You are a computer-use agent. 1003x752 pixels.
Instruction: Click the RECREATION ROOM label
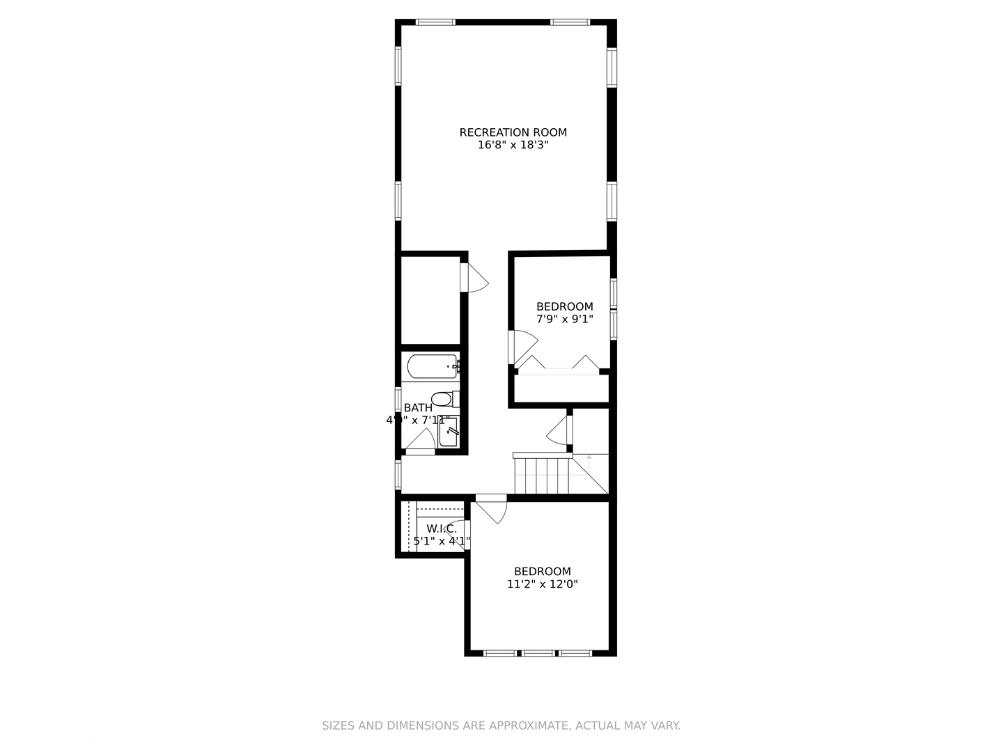[513, 132]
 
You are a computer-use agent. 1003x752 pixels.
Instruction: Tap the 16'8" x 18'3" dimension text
[513, 146]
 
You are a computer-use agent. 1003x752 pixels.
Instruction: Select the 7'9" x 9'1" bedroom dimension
[564, 319]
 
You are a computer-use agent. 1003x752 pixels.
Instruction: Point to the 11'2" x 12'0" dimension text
[542, 584]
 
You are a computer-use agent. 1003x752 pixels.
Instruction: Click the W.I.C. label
[442, 528]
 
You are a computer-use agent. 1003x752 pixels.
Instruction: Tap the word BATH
[417, 407]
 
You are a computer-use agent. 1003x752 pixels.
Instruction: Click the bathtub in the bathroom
[432, 366]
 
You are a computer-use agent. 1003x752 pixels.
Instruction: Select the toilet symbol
[443, 399]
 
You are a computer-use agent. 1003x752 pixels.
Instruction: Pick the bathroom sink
[449, 432]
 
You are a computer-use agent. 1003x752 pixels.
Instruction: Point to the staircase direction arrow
[589, 460]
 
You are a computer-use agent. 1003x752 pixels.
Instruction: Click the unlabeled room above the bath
[430, 299]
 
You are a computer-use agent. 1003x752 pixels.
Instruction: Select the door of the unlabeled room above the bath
[476, 279]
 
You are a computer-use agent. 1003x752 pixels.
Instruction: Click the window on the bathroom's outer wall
[398, 400]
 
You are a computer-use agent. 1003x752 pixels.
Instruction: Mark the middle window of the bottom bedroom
[538, 653]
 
